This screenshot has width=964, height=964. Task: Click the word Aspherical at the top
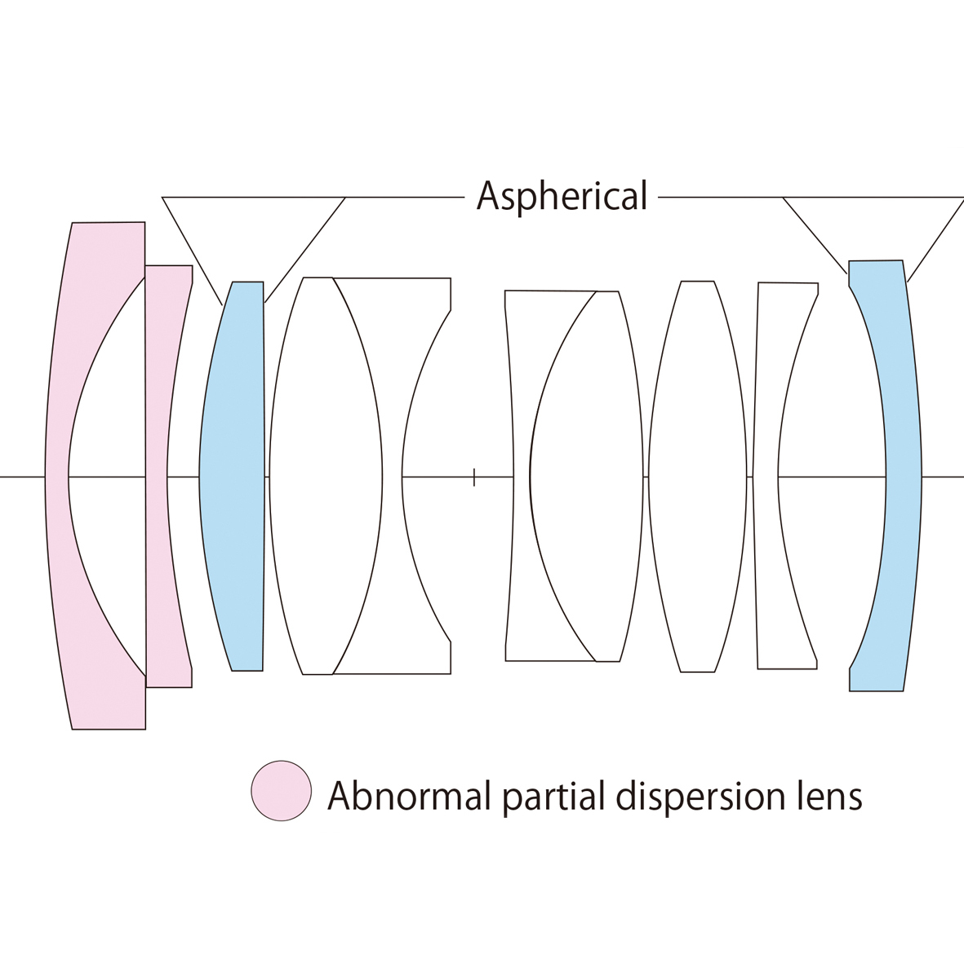pyautogui.click(x=562, y=197)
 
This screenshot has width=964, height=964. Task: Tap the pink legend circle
pyautogui.click(x=282, y=790)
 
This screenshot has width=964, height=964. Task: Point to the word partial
pyautogui.click(x=550, y=797)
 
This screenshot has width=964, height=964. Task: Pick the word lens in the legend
pyautogui.click(x=830, y=795)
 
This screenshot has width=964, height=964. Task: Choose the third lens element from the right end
pyautogui.click(x=697, y=476)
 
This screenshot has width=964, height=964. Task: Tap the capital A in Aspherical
pyautogui.click(x=488, y=197)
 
